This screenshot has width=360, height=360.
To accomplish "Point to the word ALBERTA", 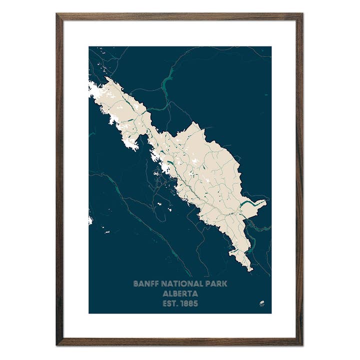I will tap(180, 293).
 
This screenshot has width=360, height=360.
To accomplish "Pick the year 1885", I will tap(190, 303).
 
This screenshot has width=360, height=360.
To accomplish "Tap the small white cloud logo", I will tap(261, 303).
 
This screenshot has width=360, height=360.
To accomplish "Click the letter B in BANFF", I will tap(135, 283).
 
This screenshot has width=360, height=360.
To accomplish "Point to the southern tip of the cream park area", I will tap(250, 270).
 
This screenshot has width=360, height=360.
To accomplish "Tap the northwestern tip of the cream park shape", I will tap(106, 78).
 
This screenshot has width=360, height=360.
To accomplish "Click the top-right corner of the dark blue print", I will tap(271, 47).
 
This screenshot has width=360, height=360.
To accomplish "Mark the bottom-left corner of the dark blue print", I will tap(89, 313).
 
